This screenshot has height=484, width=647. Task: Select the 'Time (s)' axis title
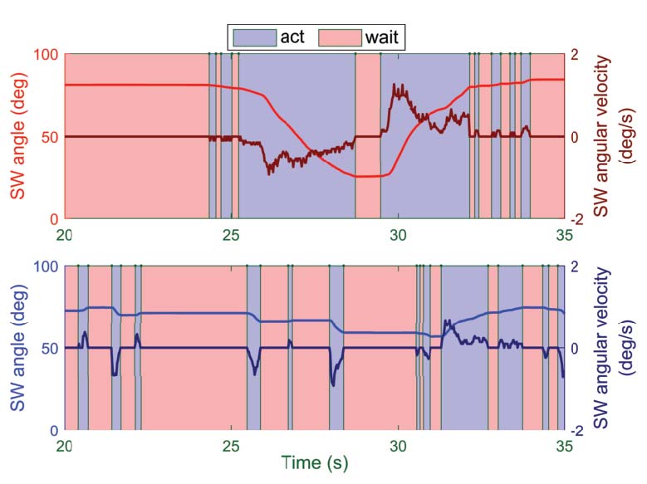click(314, 462)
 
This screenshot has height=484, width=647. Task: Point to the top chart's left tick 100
click(45, 55)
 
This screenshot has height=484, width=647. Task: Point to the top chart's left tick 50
click(49, 136)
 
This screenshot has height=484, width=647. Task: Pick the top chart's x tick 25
click(231, 233)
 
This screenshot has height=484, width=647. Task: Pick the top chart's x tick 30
click(398, 233)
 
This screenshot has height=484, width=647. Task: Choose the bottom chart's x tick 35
click(564, 445)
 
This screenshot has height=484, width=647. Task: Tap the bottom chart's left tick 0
click(54, 431)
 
